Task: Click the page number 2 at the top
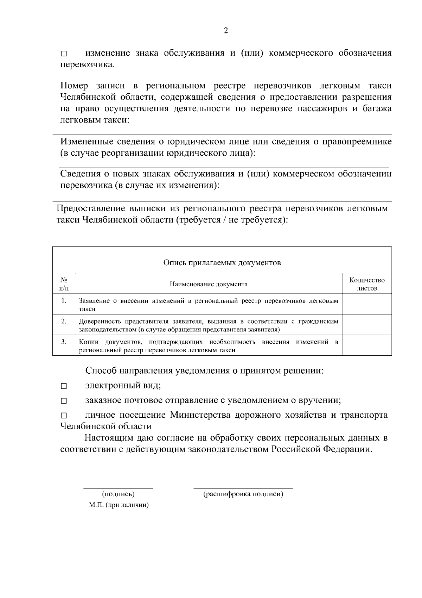click(x=226, y=31)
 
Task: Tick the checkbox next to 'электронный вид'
click(x=64, y=386)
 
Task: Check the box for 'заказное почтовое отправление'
click(x=64, y=401)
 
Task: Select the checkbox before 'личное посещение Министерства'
click(x=64, y=416)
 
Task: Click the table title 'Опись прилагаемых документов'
click(x=222, y=263)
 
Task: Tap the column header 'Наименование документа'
click(x=209, y=284)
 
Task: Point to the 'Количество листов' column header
click(x=367, y=284)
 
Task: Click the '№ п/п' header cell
click(x=64, y=284)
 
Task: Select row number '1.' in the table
click(x=64, y=301)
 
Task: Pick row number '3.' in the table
click(x=64, y=342)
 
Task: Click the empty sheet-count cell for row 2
click(x=367, y=325)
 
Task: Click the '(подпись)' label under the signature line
click(x=118, y=494)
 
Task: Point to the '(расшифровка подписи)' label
click(x=243, y=494)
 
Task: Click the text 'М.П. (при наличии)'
click(x=119, y=505)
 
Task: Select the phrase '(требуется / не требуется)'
click(x=231, y=220)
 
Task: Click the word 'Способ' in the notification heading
click(x=101, y=371)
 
